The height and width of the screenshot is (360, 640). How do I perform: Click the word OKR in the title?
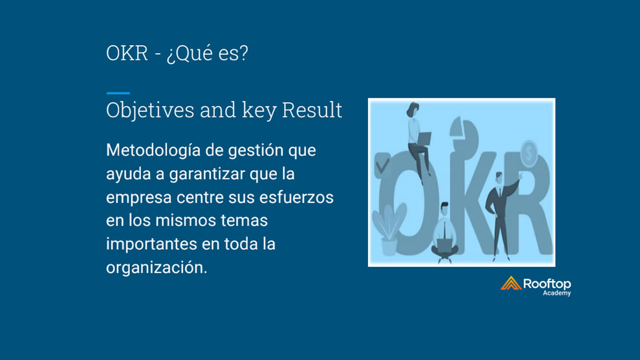click(127, 54)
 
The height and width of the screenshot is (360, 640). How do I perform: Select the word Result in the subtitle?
click(312, 110)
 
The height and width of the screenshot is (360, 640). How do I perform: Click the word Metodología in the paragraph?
click(154, 151)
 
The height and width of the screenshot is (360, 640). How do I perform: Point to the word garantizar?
click(207, 174)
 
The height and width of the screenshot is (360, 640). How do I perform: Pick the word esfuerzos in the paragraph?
click(297, 198)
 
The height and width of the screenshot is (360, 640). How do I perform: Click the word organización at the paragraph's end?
click(157, 268)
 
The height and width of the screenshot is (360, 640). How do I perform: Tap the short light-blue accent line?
click(118, 93)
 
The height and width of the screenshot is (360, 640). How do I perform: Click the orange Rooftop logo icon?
click(511, 283)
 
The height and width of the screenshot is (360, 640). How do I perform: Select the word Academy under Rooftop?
click(557, 293)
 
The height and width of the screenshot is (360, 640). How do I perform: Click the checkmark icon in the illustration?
click(382, 165)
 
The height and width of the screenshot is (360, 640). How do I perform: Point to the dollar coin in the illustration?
click(529, 154)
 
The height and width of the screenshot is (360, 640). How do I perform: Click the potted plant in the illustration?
click(389, 229)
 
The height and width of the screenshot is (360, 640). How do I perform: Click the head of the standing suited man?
click(499, 178)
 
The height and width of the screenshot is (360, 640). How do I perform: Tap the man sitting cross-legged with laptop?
click(445, 233)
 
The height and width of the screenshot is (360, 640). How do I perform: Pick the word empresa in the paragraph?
click(139, 198)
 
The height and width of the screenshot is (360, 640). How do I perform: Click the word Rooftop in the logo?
click(547, 283)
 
